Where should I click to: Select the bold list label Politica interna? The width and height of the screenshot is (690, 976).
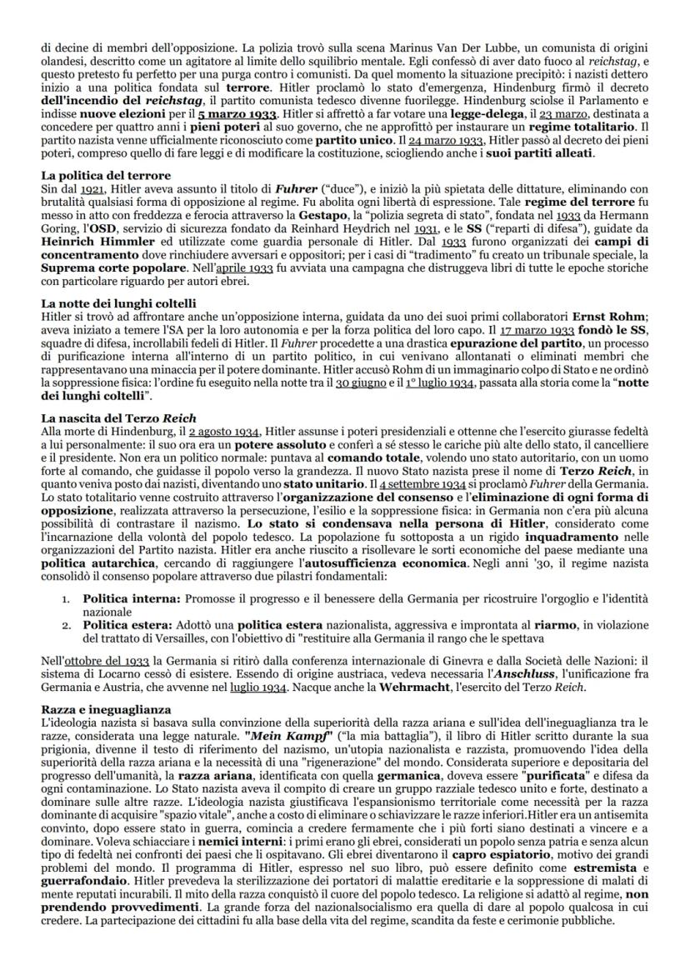point(132,598)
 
